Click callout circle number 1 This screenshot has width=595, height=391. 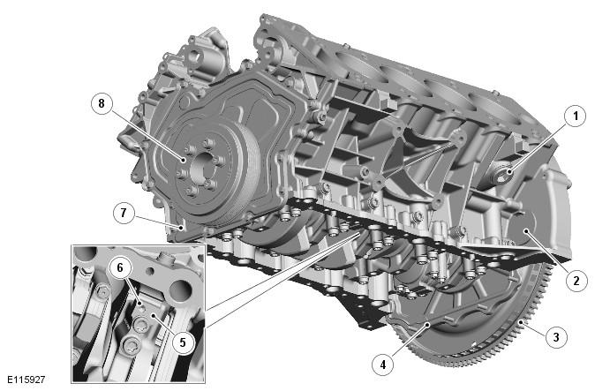tap(576, 116)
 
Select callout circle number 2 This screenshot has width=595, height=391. tap(576, 281)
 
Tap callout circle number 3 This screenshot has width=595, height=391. tap(556, 337)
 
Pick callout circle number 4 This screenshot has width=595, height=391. tap(383, 365)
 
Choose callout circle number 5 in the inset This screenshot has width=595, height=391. tap(183, 342)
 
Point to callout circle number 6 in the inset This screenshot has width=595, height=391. tap(120, 267)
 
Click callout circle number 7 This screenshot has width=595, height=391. tap(124, 213)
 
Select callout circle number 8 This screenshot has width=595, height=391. tap(102, 103)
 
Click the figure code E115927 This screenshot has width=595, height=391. tap(26, 380)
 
